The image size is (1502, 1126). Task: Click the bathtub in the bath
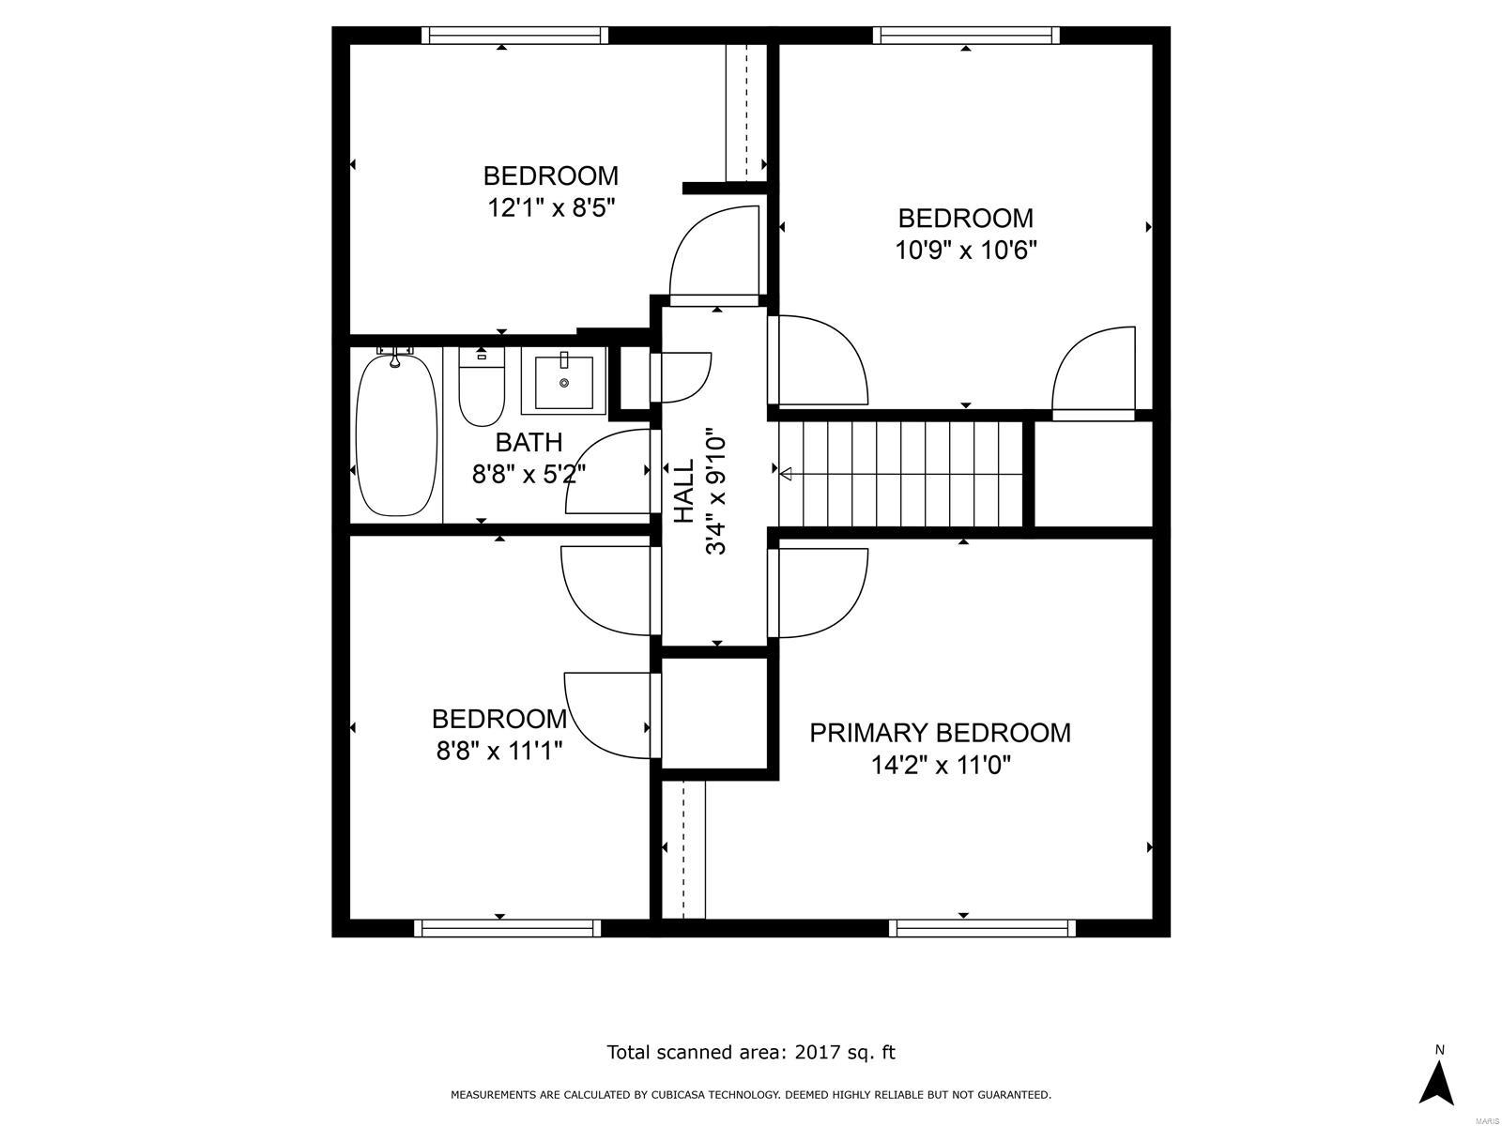396,434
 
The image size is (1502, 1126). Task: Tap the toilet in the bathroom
481,388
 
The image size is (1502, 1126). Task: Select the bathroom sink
563,384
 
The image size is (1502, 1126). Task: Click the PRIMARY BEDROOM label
940,733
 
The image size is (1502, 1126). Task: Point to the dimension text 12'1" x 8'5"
550,207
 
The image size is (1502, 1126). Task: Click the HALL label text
684,491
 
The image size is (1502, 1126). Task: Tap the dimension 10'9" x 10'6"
966,251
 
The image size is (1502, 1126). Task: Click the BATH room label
529,442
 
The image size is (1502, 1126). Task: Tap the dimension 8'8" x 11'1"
498,751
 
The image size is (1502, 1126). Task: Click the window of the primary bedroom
982,928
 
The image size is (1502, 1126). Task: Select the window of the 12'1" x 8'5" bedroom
514,36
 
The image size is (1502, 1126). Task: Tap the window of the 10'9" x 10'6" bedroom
966,36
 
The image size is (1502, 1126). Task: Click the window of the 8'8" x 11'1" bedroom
507,928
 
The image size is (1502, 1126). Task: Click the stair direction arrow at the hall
786,474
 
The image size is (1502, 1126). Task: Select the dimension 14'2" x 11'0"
940,766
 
